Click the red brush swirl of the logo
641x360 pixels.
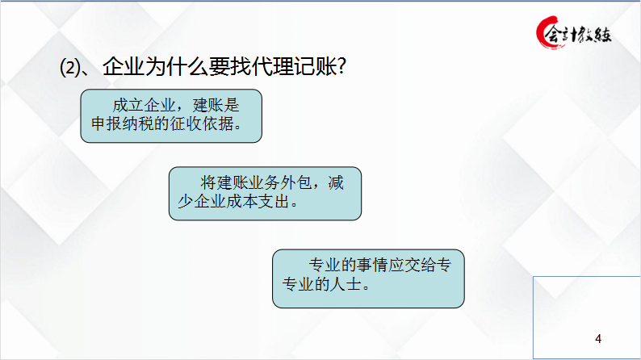[545, 33]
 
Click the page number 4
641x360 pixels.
[597, 337]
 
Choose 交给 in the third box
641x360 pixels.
[425, 266]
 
